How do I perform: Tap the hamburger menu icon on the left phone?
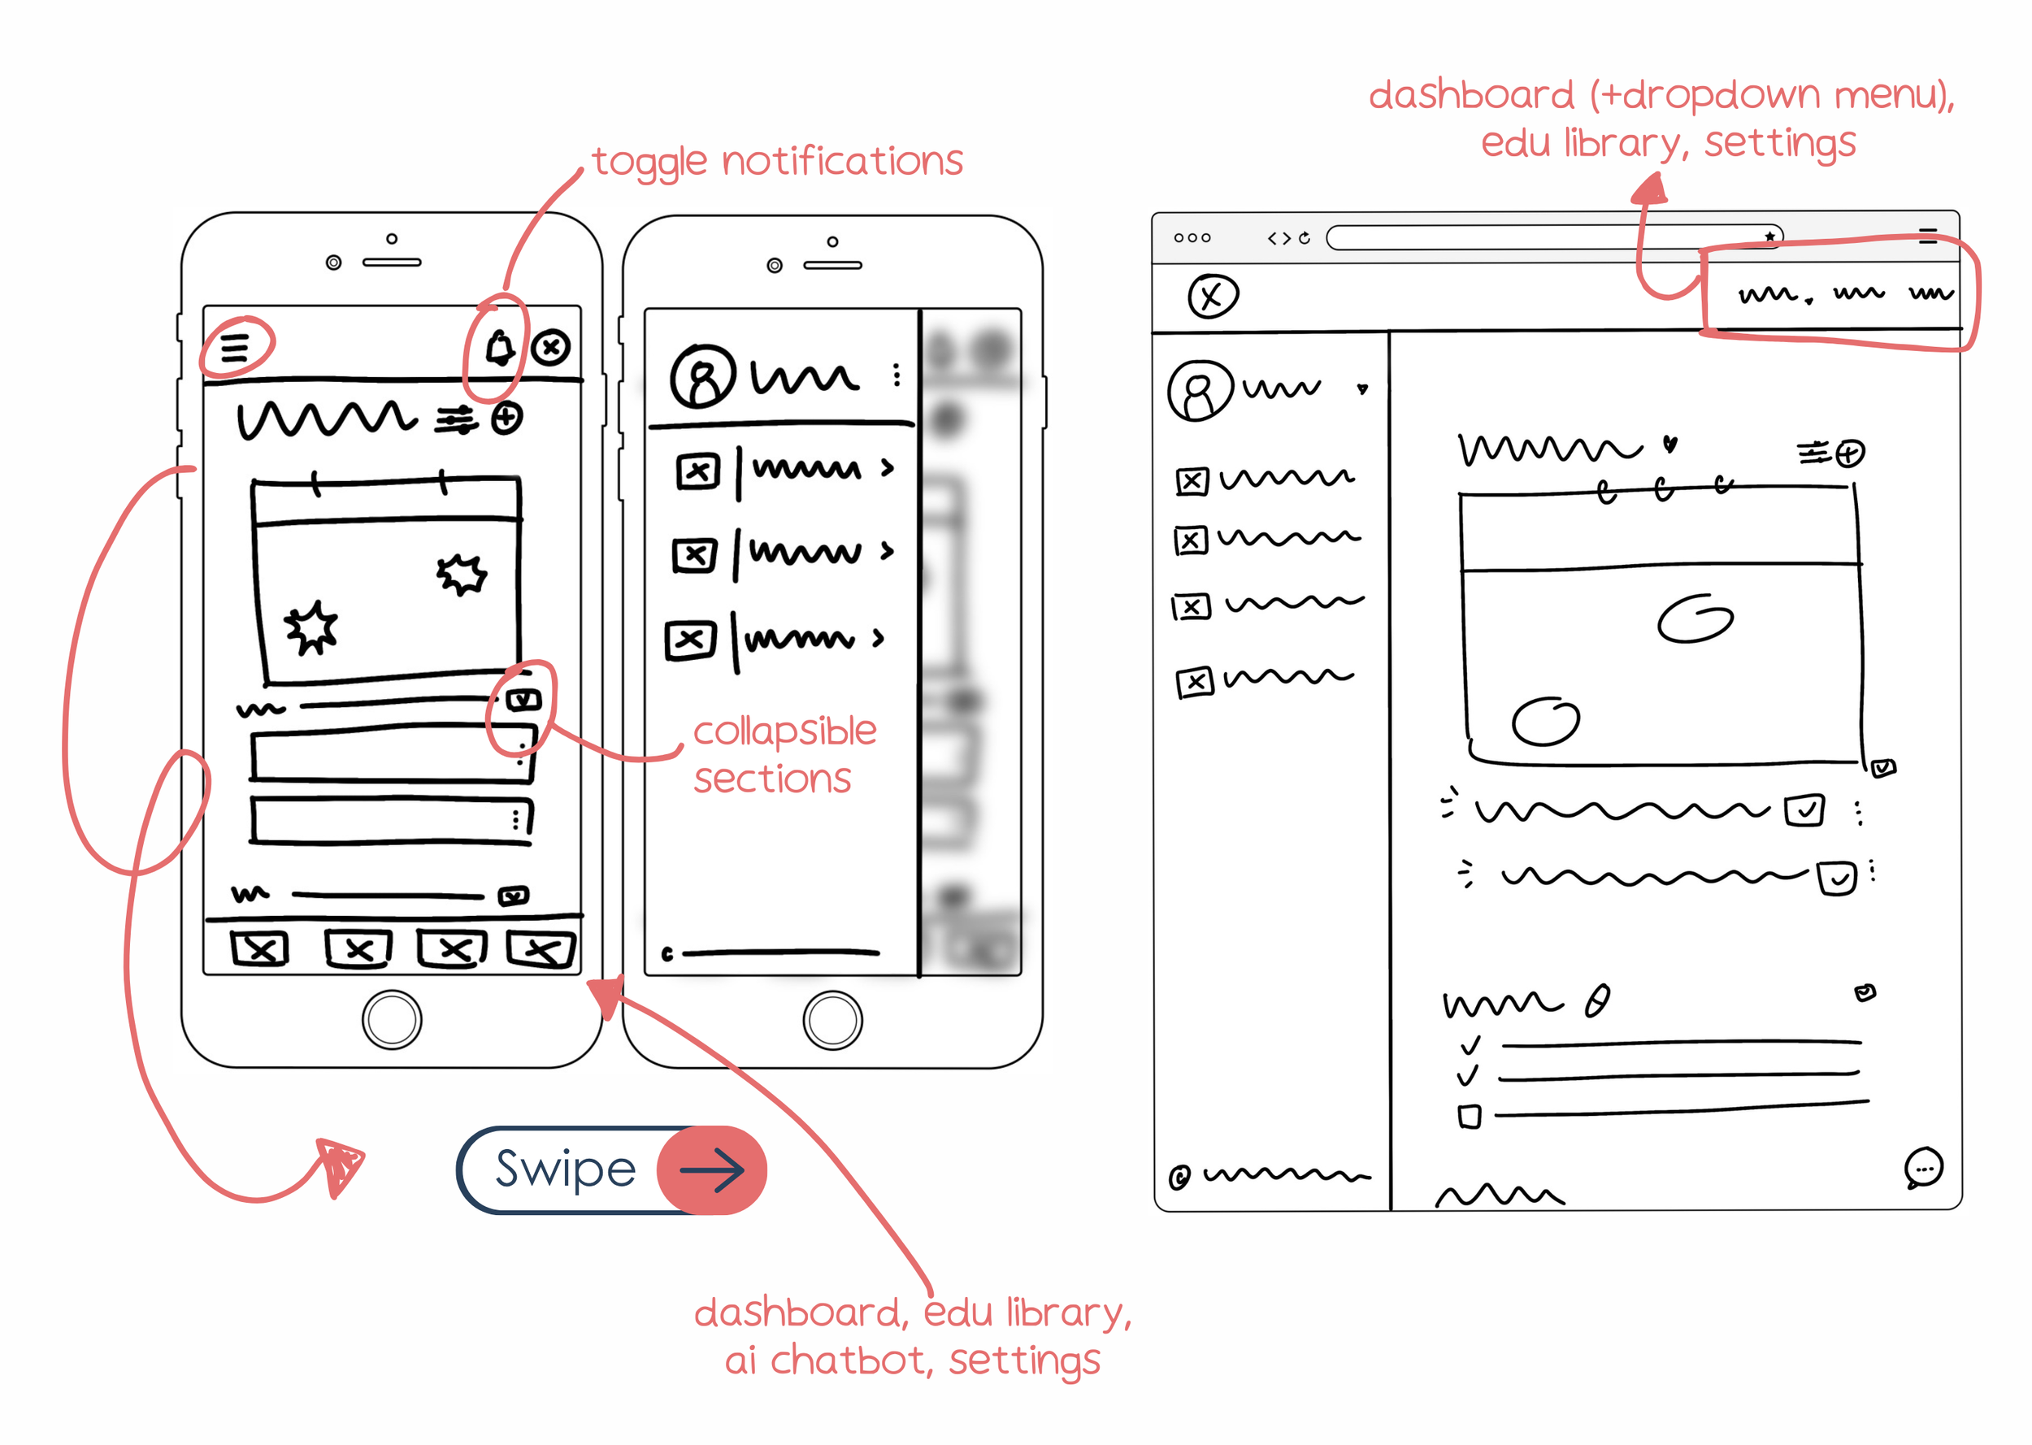[x=235, y=347]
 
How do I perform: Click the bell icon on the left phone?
[x=499, y=348]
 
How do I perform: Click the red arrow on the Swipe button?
[x=713, y=1169]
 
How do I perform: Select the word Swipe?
[x=566, y=1169]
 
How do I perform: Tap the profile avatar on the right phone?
[x=703, y=376]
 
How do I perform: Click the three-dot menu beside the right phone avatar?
[x=896, y=375]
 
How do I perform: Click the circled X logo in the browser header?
[x=1213, y=297]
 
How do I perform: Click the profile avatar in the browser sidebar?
[x=1199, y=391]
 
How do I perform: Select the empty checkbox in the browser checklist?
[x=1469, y=1116]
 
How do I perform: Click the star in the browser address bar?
[x=1769, y=236]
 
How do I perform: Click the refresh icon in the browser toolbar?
[x=1305, y=237]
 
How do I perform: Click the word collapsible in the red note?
[x=784, y=731]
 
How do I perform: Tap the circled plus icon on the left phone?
[x=507, y=419]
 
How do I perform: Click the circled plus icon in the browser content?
[x=1850, y=453]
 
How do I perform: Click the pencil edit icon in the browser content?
[x=1597, y=1001]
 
